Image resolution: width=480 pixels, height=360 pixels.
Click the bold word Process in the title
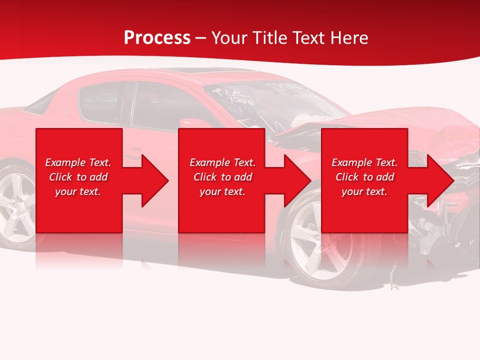click(x=157, y=38)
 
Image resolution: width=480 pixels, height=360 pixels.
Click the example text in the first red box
click(x=78, y=177)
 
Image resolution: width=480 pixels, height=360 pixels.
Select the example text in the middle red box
click(x=222, y=177)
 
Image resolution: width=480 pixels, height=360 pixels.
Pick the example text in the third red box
click(x=364, y=177)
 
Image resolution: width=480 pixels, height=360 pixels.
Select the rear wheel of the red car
click(x=15, y=205)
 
